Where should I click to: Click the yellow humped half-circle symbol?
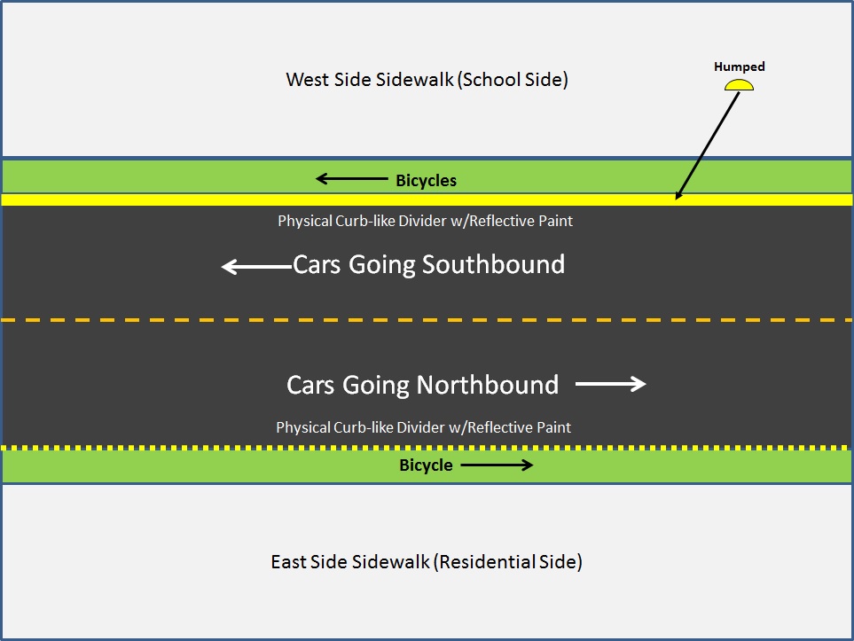click(x=739, y=85)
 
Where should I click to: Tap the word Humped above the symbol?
click(x=740, y=66)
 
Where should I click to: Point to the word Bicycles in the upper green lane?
click(x=426, y=181)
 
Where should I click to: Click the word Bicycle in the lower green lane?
click(x=426, y=465)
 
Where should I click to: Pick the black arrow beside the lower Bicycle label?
click(x=496, y=465)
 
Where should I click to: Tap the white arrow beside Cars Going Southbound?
click(x=255, y=266)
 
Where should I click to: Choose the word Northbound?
click(x=488, y=385)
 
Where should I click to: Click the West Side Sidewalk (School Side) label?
click(x=427, y=80)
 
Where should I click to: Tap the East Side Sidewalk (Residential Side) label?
click(x=427, y=562)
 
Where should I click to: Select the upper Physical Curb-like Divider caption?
click(x=425, y=221)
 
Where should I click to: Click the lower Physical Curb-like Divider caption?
click(x=423, y=427)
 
